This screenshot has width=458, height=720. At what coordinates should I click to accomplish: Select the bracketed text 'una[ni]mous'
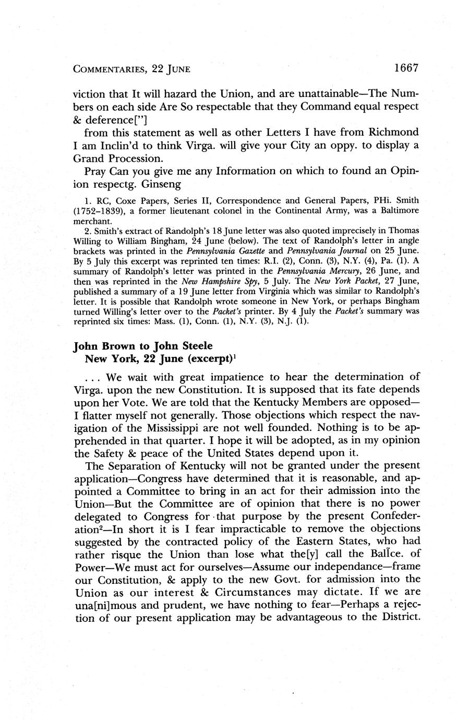107,606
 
